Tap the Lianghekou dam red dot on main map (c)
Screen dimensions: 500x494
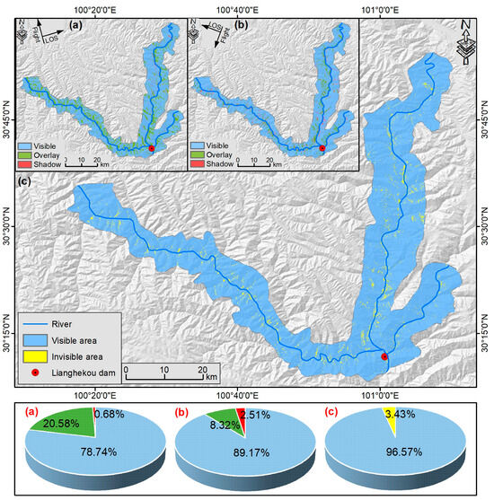384,356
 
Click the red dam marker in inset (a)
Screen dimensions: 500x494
151,148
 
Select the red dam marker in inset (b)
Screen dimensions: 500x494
322,148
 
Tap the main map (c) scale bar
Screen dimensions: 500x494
164,368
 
